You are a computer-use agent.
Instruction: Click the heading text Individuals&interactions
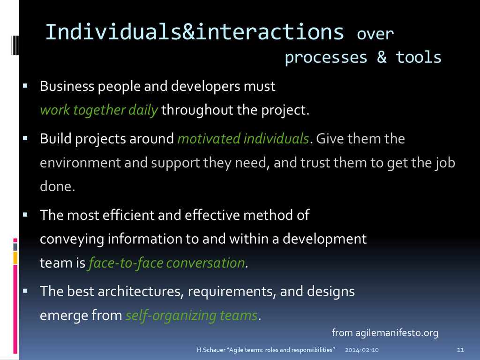(x=195, y=32)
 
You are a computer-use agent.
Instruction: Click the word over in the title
(x=375, y=34)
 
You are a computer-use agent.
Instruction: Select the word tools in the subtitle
(x=418, y=58)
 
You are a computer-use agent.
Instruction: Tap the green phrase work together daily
(x=99, y=111)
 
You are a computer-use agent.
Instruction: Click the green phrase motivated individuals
(x=243, y=139)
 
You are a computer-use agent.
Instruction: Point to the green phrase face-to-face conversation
(x=167, y=263)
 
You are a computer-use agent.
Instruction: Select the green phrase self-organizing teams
(x=192, y=315)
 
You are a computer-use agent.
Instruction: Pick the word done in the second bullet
(x=56, y=187)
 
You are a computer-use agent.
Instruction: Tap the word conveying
(x=72, y=239)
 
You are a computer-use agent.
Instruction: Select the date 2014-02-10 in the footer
(x=362, y=350)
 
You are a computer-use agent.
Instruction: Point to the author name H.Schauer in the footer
(x=210, y=350)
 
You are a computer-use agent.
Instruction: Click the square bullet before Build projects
(x=26, y=138)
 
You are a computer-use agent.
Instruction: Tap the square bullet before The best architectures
(x=26, y=291)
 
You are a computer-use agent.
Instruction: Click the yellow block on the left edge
(x=15, y=257)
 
